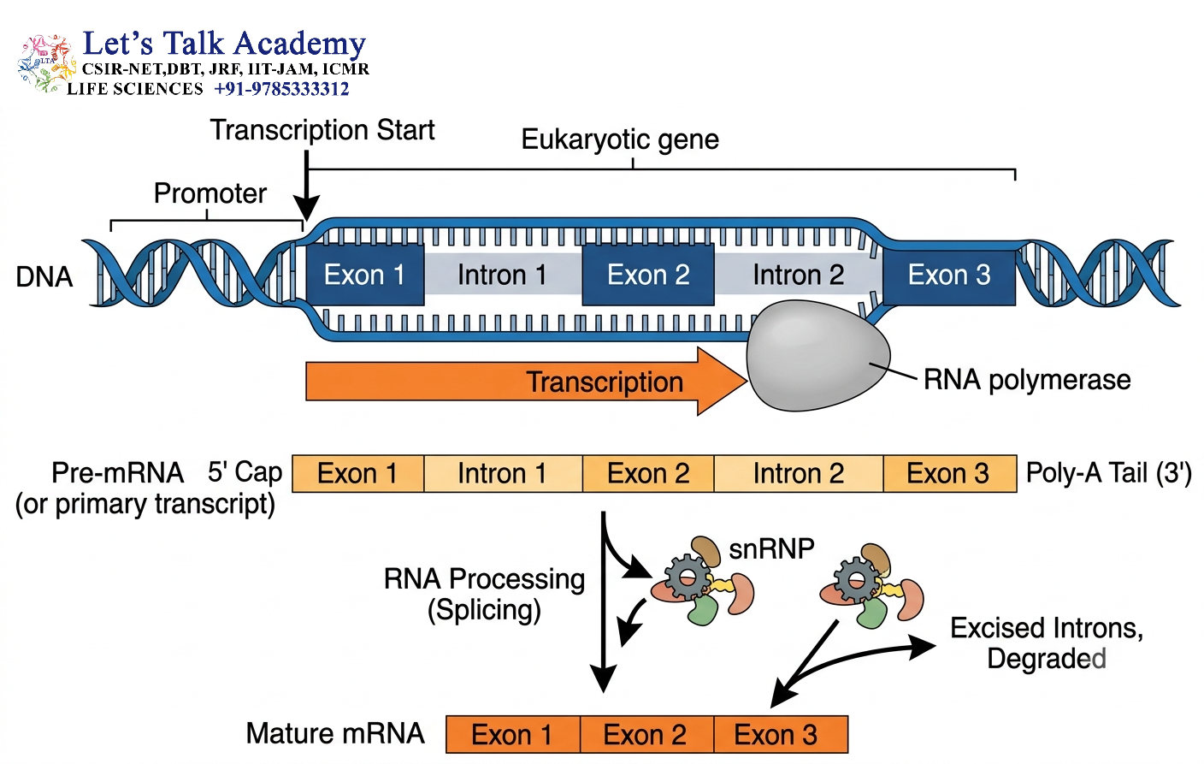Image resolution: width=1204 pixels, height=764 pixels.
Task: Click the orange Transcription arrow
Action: [526, 382]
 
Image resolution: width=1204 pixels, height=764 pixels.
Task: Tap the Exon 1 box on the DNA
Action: [364, 275]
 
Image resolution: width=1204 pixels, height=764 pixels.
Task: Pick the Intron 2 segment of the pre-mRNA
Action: [798, 474]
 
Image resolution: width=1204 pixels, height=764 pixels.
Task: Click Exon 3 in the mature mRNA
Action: [781, 734]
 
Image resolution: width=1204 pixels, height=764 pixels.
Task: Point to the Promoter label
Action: [210, 193]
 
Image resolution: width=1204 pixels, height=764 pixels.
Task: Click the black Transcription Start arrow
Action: [306, 186]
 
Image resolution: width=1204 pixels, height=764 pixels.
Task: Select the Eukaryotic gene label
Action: [620, 139]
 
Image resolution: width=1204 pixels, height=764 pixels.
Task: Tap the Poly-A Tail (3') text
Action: [1109, 473]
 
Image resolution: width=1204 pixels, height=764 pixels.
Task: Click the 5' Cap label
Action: [245, 472]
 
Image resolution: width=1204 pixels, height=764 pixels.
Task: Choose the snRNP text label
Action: [771, 549]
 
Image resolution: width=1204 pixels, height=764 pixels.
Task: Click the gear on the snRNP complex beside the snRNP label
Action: [687, 578]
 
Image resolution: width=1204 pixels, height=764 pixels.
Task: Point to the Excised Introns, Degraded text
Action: [1047, 643]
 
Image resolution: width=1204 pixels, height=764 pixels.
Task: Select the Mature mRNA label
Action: [335, 733]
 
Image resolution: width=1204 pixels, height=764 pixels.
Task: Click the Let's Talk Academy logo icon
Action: [46, 64]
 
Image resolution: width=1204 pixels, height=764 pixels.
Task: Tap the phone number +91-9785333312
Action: [281, 89]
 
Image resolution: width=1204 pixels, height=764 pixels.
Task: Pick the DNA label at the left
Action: [44, 277]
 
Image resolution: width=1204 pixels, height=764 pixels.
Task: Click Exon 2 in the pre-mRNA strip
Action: [648, 474]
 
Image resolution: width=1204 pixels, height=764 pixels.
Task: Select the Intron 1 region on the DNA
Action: [503, 275]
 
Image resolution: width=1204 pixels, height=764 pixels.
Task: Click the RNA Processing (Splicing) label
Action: [484, 595]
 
